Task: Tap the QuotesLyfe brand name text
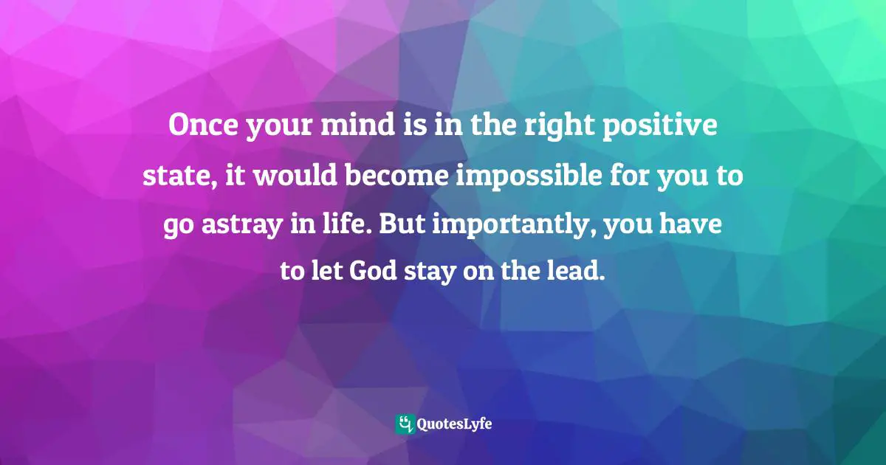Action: [x=454, y=424]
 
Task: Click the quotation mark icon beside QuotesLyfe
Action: [x=405, y=424]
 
